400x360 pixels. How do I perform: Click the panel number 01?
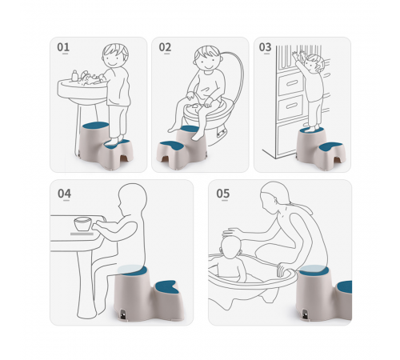pyautogui.click(x=63, y=47)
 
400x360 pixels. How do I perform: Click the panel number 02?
pyautogui.click(x=165, y=47)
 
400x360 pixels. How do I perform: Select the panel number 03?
pyautogui.click(x=265, y=47)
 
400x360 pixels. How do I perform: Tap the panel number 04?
pyautogui.click(x=64, y=194)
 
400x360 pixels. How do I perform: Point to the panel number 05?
pyautogui.click(x=223, y=194)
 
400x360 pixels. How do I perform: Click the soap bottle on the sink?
pyautogui.click(x=74, y=75)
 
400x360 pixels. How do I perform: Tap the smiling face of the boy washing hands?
pyautogui.click(x=112, y=60)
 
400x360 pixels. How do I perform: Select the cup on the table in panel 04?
pyautogui.click(x=82, y=224)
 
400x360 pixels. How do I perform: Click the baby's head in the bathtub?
pyautogui.click(x=230, y=247)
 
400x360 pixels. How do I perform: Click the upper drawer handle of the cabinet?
pyautogui.click(x=291, y=83)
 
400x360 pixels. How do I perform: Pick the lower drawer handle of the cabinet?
pyautogui.click(x=291, y=106)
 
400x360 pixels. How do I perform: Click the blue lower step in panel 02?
pyautogui.click(x=170, y=146)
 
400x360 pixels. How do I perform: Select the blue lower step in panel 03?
pyautogui.click(x=331, y=146)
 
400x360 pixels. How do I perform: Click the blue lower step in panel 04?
pyautogui.click(x=166, y=287)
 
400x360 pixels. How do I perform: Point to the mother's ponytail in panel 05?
pyautogui.click(x=301, y=207)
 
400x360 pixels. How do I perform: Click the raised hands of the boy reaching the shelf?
pyautogui.click(x=298, y=55)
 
